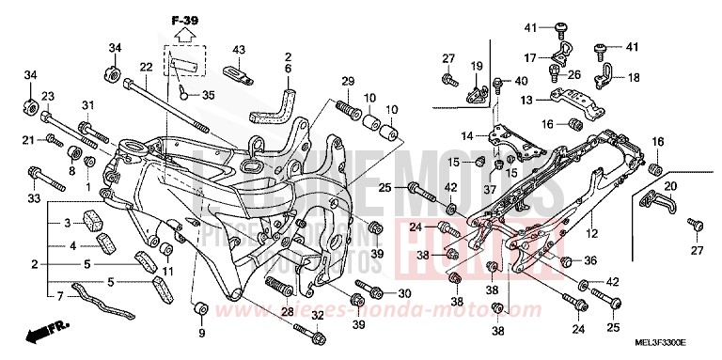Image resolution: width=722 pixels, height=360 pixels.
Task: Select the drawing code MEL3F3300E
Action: pos(673,345)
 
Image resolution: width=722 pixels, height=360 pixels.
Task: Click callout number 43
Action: pos(238,50)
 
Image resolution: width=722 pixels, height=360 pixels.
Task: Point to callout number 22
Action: pos(146,67)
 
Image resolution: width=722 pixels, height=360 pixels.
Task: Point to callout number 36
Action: pos(591,259)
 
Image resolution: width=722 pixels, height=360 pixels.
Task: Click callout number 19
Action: pos(477,65)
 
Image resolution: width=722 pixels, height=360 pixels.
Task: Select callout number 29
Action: pos(347,82)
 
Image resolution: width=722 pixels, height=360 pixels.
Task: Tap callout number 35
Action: pos(208,94)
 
